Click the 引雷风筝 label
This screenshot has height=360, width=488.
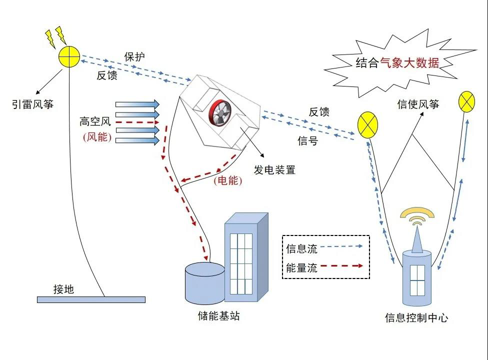(x=32, y=104)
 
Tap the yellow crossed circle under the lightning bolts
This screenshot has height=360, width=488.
(x=69, y=56)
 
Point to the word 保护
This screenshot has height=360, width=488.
(x=134, y=57)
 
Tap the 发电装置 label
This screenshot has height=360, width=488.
(x=274, y=170)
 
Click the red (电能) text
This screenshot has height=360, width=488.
(x=228, y=181)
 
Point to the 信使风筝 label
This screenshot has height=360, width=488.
(x=418, y=104)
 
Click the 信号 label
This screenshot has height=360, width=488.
(x=307, y=141)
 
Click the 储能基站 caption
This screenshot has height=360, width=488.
(x=219, y=316)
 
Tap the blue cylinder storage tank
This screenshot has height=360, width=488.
(x=204, y=282)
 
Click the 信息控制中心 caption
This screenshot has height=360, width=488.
(x=416, y=317)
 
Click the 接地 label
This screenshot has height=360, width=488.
(x=63, y=289)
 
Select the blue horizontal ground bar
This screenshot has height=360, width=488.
(x=91, y=299)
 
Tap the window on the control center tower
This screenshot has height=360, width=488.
(x=417, y=279)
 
